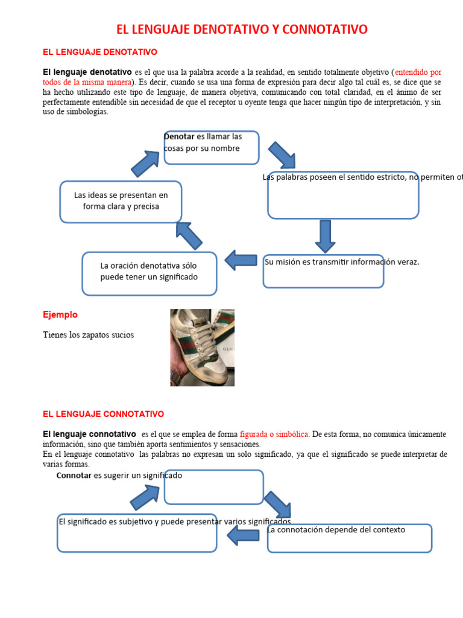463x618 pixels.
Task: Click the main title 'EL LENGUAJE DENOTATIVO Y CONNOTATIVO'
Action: click(x=241, y=30)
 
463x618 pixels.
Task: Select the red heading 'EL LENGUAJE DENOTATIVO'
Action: click(x=99, y=53)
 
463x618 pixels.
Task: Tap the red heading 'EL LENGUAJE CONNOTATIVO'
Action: click(x=103, y=414)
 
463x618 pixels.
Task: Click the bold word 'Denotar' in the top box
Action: click(x=180, y=136)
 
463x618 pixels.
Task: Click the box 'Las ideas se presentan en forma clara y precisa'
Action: click(x=121, y=201)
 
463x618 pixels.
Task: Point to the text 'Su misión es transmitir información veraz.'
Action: click(x=341, y=262)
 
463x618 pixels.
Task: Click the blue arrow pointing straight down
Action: click(x=325, y=236)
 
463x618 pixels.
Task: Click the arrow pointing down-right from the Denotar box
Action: click(x=282, y=155)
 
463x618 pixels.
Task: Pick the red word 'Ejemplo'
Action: click(x=60, y=315)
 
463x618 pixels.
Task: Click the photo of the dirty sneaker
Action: click(x=202, y=347)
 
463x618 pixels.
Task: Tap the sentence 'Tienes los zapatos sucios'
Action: click(x=89, y=335)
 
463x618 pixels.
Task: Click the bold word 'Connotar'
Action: click(x=74, y=476)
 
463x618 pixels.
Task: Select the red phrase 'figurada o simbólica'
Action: click(x=274, y=435)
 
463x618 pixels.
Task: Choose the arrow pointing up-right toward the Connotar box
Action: click(x=145, y=496)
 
